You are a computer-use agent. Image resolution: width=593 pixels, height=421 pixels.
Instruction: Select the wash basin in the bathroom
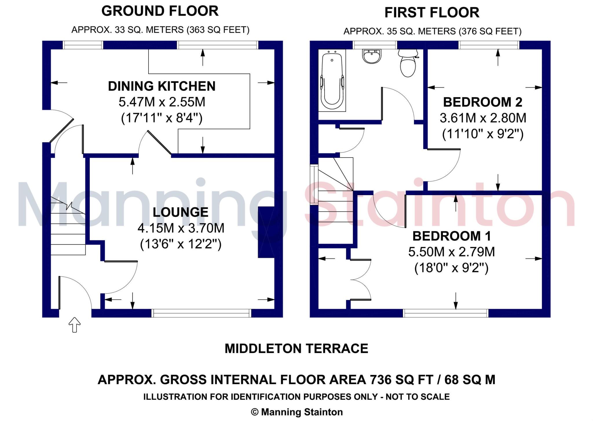coord(371,56)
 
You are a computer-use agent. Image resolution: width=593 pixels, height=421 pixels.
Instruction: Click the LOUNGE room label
coord(180,212)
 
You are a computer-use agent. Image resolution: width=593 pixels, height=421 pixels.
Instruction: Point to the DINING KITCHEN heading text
coord(162,86)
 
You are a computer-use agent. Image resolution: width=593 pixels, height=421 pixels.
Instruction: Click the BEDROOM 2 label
coord(483,102)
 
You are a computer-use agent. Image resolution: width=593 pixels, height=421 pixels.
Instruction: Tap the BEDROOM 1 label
coord(452,236)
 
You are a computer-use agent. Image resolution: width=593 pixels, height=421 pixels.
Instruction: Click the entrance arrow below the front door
coord(74,325)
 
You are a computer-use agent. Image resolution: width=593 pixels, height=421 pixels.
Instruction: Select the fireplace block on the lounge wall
coord(266,232)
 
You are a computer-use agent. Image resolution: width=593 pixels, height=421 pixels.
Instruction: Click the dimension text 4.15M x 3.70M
coord(181,228)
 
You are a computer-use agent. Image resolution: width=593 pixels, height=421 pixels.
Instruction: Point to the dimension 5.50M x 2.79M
coord(451,252)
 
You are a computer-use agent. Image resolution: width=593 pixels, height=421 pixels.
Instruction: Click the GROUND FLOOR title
coord(160,11)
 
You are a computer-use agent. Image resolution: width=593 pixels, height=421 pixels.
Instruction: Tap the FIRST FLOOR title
coord(432,13)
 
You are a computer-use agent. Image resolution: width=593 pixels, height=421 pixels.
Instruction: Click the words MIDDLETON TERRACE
coord(296,348)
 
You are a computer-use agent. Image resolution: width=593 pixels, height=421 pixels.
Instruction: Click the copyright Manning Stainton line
coord(296,412)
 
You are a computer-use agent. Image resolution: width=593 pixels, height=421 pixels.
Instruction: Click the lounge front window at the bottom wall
coord(201,313)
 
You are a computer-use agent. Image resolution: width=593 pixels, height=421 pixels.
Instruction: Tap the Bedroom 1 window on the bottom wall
coord(446,313)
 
